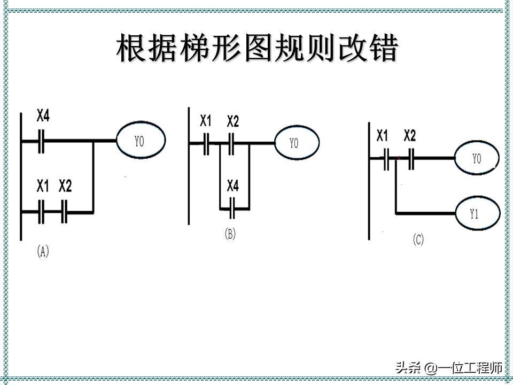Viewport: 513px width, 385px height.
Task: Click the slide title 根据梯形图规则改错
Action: (257, 49)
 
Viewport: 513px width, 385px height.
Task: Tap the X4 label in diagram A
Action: (43, 115)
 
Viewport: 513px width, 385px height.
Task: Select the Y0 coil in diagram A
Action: (141, 141)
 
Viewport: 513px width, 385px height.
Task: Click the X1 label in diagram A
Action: (43, 187)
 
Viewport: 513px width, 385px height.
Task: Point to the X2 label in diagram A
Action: (65, 187)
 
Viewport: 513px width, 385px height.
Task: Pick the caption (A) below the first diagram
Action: (43, 251)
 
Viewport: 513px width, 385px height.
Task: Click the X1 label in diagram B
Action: (206, 121)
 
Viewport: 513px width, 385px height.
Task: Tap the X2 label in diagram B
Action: (232, 121)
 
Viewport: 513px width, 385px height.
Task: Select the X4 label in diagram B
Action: (232, 186)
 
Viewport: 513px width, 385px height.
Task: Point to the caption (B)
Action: (230, 234)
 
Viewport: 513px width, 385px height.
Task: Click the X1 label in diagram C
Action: (382, 136)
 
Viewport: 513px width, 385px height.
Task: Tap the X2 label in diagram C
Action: (409, 136)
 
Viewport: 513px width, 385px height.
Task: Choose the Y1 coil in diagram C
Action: (477, 213)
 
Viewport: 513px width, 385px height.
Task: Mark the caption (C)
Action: (418, 240)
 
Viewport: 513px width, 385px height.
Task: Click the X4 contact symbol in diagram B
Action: (232, 207)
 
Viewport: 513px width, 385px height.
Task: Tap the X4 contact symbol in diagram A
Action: (41, 141)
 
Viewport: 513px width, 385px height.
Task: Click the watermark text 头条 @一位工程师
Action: (449, 368)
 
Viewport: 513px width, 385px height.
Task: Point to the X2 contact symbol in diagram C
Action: (410, 159)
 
